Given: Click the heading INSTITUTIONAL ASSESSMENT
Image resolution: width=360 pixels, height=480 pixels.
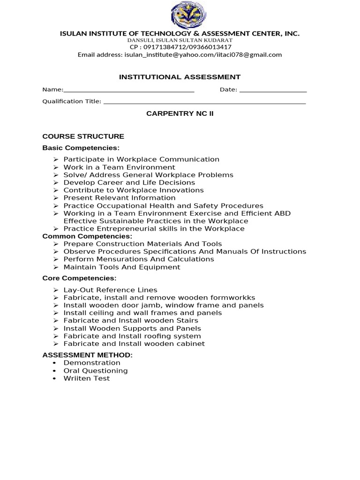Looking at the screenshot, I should (x=180, y=77).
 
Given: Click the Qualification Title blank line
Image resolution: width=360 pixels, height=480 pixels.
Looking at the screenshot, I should (x=204, y=103).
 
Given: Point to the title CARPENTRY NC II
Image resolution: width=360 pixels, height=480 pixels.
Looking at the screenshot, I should (x=180, y=113).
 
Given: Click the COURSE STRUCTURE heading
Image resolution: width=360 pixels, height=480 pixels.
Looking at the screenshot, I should (x=83, y=136).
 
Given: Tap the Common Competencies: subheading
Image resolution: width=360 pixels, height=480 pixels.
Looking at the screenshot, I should (x=87, y=236).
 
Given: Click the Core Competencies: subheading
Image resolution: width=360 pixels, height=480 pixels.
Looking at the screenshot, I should (x=79, y=278).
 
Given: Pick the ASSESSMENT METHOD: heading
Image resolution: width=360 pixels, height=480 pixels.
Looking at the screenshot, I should (x=87, y=355).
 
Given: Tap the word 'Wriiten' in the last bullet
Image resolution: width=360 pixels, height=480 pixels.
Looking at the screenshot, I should (x=75, y=378).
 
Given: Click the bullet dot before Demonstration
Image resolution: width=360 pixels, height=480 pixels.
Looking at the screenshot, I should (x=55, y=363).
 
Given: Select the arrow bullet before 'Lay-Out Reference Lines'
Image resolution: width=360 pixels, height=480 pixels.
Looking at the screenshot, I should (x=55, y=290).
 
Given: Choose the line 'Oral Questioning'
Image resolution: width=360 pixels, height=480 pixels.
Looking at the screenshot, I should (x=95, y=371).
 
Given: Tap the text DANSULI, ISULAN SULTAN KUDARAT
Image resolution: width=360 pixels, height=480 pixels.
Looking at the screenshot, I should (x=180, y=40).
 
